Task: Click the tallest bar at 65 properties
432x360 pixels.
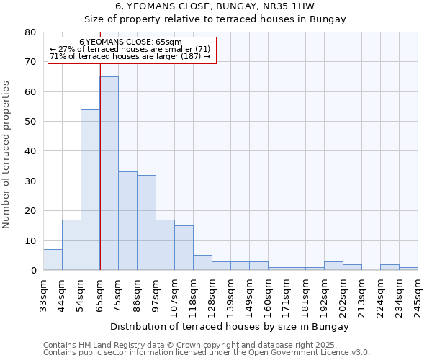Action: click(109, 173)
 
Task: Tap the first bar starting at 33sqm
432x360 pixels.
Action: click(53, 260)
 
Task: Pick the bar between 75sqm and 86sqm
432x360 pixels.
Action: click(127, 220)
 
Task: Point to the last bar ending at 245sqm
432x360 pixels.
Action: click(408, 269)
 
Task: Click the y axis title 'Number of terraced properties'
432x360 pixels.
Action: click(7, 155)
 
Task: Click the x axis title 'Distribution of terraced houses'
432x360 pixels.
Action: click(230, 327)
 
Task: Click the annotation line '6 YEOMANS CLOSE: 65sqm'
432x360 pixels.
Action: click(130, 42)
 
